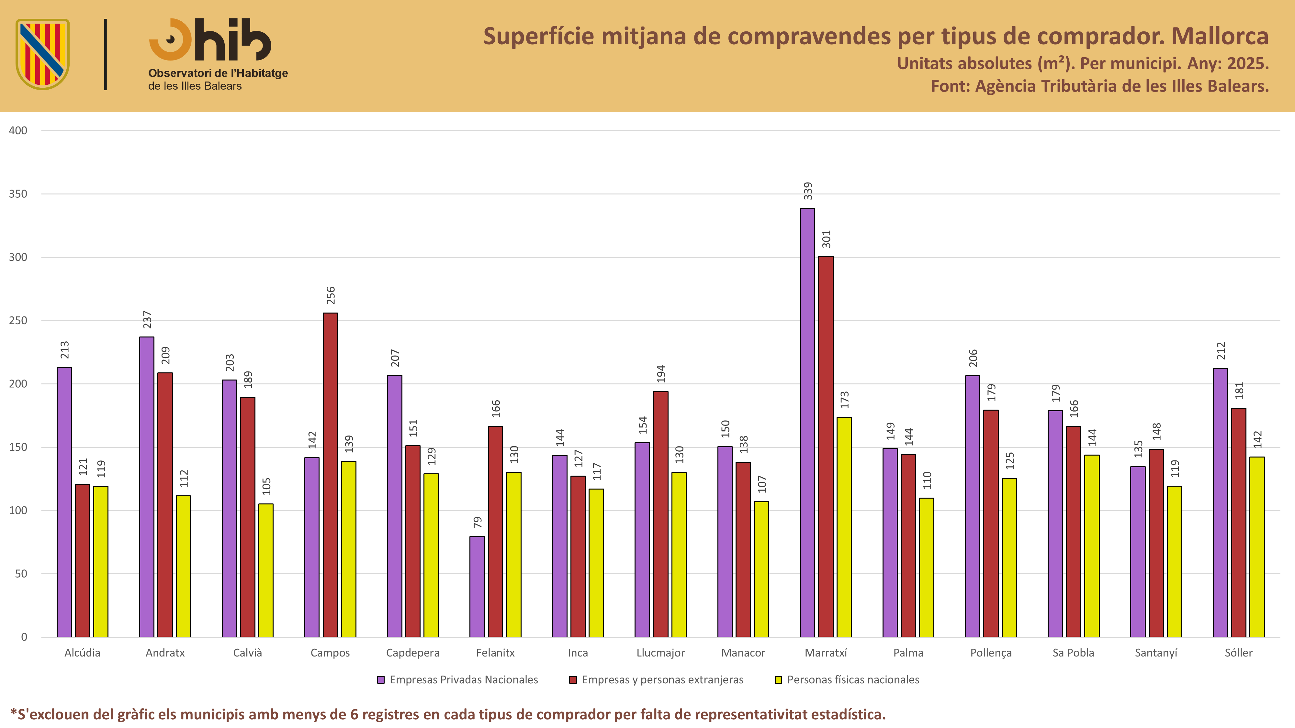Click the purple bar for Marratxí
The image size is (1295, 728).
807,423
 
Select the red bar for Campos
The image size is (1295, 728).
330,475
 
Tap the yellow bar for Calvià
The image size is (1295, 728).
266,570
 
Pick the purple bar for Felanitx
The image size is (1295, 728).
477,587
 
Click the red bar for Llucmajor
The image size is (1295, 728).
660,514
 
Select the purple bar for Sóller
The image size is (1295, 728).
1221,502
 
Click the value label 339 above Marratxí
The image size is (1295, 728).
807,191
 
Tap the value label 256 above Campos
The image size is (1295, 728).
330,295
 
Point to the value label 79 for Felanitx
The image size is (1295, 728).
477,522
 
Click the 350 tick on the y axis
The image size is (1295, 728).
18,194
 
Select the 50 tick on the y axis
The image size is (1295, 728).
21,574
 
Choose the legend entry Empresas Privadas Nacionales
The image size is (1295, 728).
457,680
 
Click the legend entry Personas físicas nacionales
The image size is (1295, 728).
847,680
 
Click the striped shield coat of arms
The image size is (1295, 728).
43,54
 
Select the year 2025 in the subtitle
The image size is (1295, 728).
1248,63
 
